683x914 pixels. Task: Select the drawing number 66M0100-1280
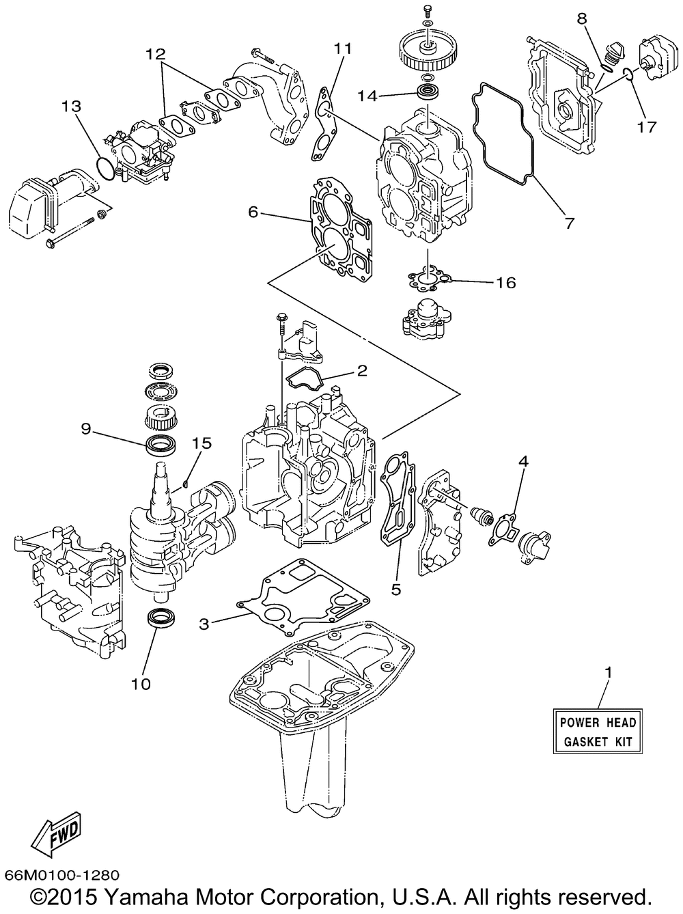(x=62, y=874)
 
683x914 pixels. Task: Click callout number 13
(x=71, y=106)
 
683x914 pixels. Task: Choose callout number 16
(x=505, y=283)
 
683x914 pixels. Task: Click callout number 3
(x=204, y=624)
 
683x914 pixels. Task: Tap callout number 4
(x=523, y=460)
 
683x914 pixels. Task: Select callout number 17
(x=647, y=126)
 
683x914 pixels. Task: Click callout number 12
(x=155, y=54)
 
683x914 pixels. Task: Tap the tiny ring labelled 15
(x=186, y=484)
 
